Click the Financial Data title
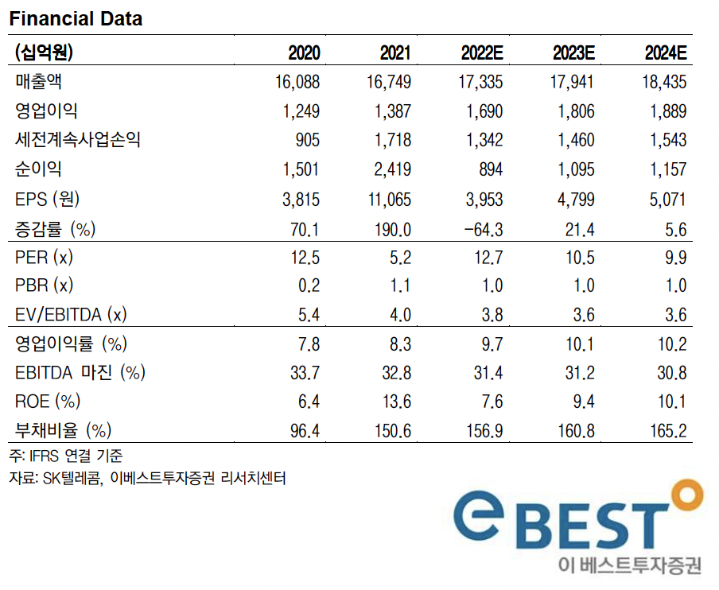(x=76, y=18)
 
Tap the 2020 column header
(x=304, y=53)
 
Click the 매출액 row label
(x=39, y=82)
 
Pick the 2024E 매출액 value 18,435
(x=663, y=82)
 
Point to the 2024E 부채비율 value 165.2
(x=667, y=430)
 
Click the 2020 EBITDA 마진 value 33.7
(x=305, y=372)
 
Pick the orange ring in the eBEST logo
(x=686, y=495)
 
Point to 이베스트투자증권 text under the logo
(x=631, y=566)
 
